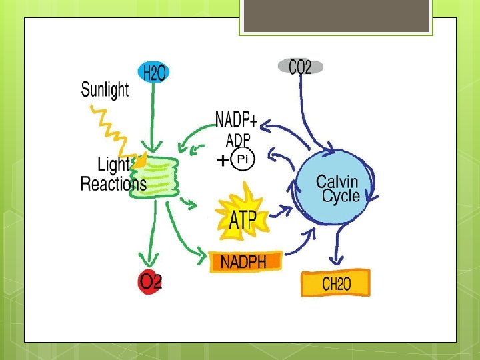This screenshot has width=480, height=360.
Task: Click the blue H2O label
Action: [x=153, y=73]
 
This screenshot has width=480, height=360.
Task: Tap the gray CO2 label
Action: [x=300, y=67]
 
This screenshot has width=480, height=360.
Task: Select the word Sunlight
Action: [x=105, y=89]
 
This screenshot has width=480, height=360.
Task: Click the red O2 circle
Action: [x=151, y=281]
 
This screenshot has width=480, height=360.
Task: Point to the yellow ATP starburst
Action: [x=242, y=216]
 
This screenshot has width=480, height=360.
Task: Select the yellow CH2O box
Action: [x=335, y=283]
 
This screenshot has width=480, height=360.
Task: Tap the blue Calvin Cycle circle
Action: [x=337, y=189]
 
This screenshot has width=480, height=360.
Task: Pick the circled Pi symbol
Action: [x=242, y=159]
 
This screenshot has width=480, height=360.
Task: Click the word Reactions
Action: [x=113, y=184]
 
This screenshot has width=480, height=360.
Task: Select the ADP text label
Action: [x=238, y=140]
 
